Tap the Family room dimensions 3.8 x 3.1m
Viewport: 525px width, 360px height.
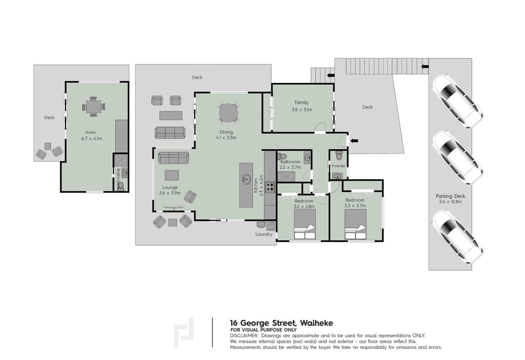click(x=302, y=109)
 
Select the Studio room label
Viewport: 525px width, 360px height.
click(x=91, y=132)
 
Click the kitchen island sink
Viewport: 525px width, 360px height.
click(x=246, y=179)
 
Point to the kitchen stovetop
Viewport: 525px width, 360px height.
click(x=270, y=187)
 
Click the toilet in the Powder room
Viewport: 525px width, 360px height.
click(x=339, y=156)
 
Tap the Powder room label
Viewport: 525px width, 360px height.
click(x=339, y=166)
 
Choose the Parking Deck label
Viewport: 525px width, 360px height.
click(x=450, y=196)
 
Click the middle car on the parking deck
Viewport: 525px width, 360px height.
click(x=457, y=157)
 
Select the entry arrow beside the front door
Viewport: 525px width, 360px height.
click(x=354, y=141)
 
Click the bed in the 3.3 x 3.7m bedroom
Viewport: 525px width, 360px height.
click(x=356, y=224)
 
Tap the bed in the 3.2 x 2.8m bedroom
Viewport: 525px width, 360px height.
click(x=305, y=226)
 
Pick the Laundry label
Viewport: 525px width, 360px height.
click(x=264, y=234)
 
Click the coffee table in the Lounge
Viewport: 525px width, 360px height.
click(x=172, y=175)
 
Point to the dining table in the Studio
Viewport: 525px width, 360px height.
click(x=93, y=107)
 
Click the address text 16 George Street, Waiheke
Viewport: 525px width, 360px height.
click(x=281, y=323)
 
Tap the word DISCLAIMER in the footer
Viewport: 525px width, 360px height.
click(x=244, y=336)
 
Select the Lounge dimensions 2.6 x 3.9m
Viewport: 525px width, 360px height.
click(x=170, y=193)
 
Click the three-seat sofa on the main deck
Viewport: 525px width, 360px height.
click(x=170, y=132)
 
